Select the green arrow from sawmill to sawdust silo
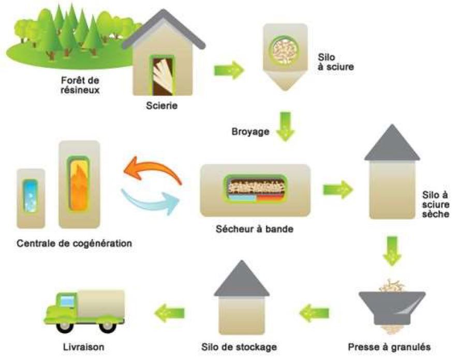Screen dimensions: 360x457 tap(229, 70)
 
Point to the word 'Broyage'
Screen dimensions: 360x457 tap(250, 132)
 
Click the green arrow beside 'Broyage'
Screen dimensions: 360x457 tap(285, 127)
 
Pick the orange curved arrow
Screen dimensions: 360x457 tap(154, 169)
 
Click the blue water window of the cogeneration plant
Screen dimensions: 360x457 tap(31, 197)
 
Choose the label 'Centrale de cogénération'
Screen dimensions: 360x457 tap(74, 242)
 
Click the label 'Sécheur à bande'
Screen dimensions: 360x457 tap(255, 228)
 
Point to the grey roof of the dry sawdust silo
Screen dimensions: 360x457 tap(392, 143)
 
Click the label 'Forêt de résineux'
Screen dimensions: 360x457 tap(79, 85)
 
